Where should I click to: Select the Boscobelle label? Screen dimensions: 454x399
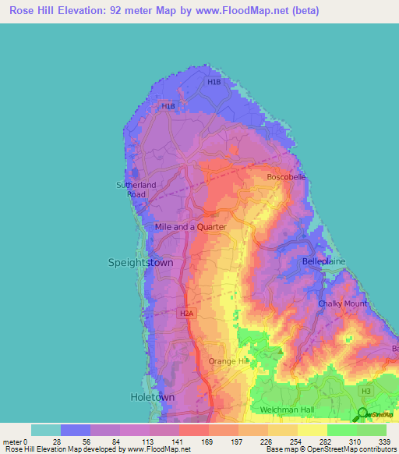(x=286, y=177)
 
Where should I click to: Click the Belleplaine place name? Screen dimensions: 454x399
(x=323, y=262)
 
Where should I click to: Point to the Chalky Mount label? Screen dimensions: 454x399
(x=342, y=303)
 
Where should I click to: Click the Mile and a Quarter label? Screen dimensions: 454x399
(x=191, y=227)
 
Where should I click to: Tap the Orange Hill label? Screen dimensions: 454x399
(x=228, y=361)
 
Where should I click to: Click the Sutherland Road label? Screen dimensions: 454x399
(x=136, y=190)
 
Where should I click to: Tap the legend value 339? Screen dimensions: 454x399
(x=387, y=442)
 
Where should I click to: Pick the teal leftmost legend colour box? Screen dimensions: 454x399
(x=46, y=430)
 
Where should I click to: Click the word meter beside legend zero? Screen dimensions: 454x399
(x=12, y=442)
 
